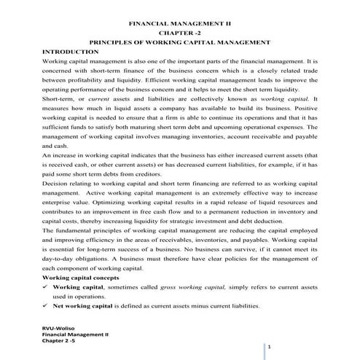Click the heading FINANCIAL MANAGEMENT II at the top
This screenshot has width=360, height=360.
pyautogui.click(x=179, y=24)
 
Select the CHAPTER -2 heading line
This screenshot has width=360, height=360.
pyautogui.click(x=179, y=34)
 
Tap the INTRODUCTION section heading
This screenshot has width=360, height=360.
pyautogui.click(x=71, y=52)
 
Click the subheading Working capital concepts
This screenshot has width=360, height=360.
pyautogui.click(x=81, y=278)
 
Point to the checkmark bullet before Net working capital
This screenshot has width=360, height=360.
pyautogui.click(x=47, y=306)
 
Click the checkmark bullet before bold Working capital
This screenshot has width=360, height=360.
pyautogui.click(x=47, y=288)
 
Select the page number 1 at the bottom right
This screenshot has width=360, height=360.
pyautogui.click(x=269, y=348)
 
